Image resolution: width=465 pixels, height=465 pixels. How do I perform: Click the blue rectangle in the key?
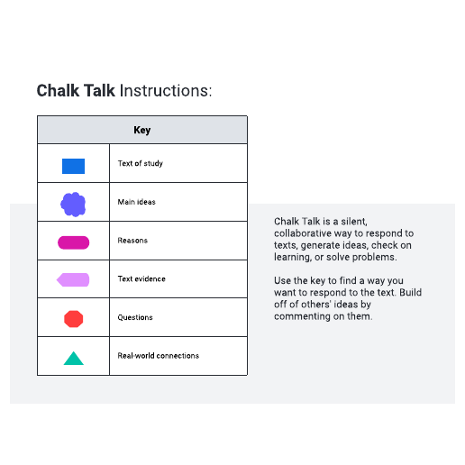[x=73, y=166]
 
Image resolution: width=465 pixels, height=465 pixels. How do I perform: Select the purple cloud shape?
[x=73, y=205]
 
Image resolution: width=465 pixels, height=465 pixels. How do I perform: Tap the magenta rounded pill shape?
[x=73, y=242]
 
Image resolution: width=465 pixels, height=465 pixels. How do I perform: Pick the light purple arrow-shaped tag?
[x=73, y=279]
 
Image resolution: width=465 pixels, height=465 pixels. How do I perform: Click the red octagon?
[x=73, y=319]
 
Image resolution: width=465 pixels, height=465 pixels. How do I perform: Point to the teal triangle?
[x=74, y=360]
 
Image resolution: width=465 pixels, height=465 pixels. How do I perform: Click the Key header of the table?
[x=142, y=130]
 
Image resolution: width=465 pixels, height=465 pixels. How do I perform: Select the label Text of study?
[x=141, y=163]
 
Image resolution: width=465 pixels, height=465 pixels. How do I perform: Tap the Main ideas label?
[x=137, y=202]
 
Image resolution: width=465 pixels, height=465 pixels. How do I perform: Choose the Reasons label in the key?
[x=132, y=241]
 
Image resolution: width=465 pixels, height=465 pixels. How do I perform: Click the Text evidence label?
[x=141, y=278]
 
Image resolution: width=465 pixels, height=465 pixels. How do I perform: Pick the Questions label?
[x=135, y=317]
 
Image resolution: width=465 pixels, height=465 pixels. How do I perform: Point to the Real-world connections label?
[x=159, y=356]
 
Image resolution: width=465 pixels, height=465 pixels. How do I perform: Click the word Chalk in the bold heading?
[x=58, y=90]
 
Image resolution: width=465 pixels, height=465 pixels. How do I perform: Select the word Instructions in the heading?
[x=166, y=91]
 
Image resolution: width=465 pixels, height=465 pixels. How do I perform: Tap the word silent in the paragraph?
[x=354, y=222]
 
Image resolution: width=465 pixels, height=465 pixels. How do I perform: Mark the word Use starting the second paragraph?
[x=282, y=280]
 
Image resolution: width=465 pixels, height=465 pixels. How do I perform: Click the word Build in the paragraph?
[x=410, y=292]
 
